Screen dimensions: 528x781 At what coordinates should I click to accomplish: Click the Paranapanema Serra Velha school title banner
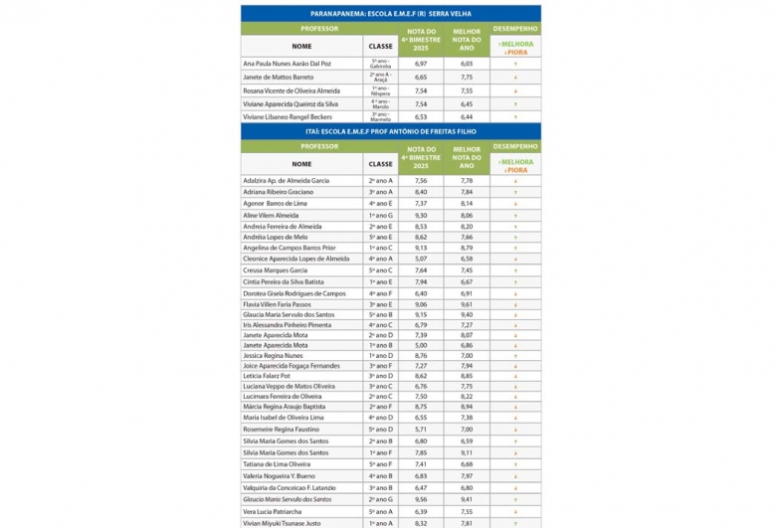[390, 14]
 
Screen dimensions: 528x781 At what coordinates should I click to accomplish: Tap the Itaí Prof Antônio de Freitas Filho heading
[390, 131]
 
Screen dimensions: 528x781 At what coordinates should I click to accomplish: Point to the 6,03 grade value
[467, 64]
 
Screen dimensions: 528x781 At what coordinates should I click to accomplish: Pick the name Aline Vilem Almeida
[271, 214]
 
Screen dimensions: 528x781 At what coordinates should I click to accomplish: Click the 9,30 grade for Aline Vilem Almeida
[421, 214]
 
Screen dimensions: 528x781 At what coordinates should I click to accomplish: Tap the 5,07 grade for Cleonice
[421, 259]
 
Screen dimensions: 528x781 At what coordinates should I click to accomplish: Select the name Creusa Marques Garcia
[276, 269]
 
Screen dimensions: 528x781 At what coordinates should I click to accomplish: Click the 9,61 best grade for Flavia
[467, 303]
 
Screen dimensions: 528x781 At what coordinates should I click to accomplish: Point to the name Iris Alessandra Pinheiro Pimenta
[288, 325]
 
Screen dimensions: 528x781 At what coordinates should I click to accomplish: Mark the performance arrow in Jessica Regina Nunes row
[515, 355]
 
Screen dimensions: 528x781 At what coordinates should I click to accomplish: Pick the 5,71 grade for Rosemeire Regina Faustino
[421, 429]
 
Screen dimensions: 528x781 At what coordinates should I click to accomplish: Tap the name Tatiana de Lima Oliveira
[278, 463]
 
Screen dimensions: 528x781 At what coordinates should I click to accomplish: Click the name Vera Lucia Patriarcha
[274, 511]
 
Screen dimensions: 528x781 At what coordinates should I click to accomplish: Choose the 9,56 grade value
[421, 499]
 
